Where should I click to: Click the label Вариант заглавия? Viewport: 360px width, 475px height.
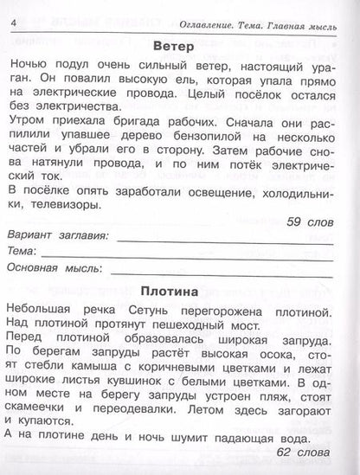[x=56, y=236]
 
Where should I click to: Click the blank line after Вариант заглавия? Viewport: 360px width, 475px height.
[x=228, y=236]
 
